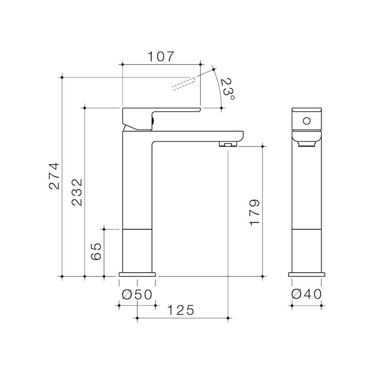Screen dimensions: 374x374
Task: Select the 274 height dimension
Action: (54, 176)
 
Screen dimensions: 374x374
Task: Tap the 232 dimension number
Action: (77, 192)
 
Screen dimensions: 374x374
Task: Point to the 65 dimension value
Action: (96, 251)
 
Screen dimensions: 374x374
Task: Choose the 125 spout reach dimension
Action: (181, 310)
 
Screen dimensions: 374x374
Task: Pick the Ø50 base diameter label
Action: (137, 295)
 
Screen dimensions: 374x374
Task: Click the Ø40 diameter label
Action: (307, 295)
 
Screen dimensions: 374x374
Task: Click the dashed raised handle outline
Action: (183, 84)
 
